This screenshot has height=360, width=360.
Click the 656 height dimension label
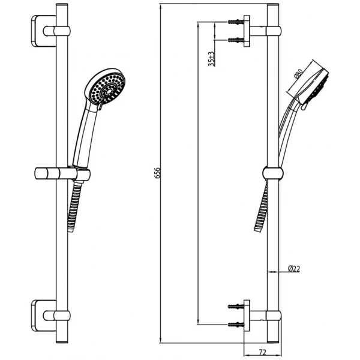[157, 173]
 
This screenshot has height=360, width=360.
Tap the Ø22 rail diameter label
[294, 269]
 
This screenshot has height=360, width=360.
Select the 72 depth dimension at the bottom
[262, 352]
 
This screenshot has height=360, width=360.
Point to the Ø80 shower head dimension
[298, 73]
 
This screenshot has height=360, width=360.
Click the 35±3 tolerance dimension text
[211, 59]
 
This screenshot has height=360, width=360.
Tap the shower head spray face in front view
[107, 89]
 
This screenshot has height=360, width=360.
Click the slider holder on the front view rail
[62, 174]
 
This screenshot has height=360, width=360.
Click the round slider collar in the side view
[273, 173]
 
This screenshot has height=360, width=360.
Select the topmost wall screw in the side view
[236, 22]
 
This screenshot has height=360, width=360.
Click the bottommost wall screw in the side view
[236, 325]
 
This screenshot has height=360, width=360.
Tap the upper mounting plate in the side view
[247, 31]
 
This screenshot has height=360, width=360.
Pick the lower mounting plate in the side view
[247, 316]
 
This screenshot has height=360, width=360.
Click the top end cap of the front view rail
[62, 5]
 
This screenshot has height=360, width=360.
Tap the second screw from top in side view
[236, 40]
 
